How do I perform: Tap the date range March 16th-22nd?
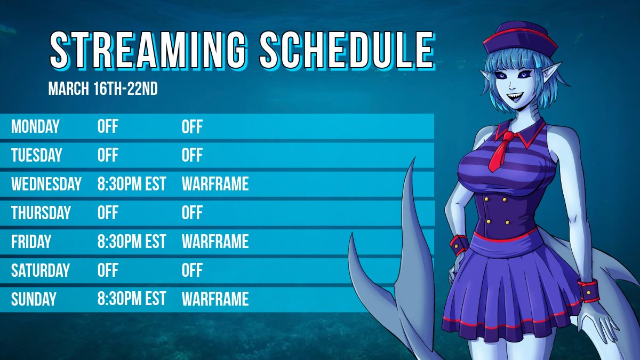103,89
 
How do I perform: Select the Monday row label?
35,127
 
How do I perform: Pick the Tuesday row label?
37,156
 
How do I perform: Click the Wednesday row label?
46,185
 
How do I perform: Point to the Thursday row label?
41,213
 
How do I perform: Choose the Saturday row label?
41,270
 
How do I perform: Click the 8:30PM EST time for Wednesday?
132,185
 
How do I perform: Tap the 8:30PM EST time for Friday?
132,242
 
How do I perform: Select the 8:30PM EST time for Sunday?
132,299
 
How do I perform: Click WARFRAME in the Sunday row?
215,299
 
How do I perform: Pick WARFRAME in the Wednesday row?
215,185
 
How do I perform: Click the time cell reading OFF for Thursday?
108,213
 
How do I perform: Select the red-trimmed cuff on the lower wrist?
590,289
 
